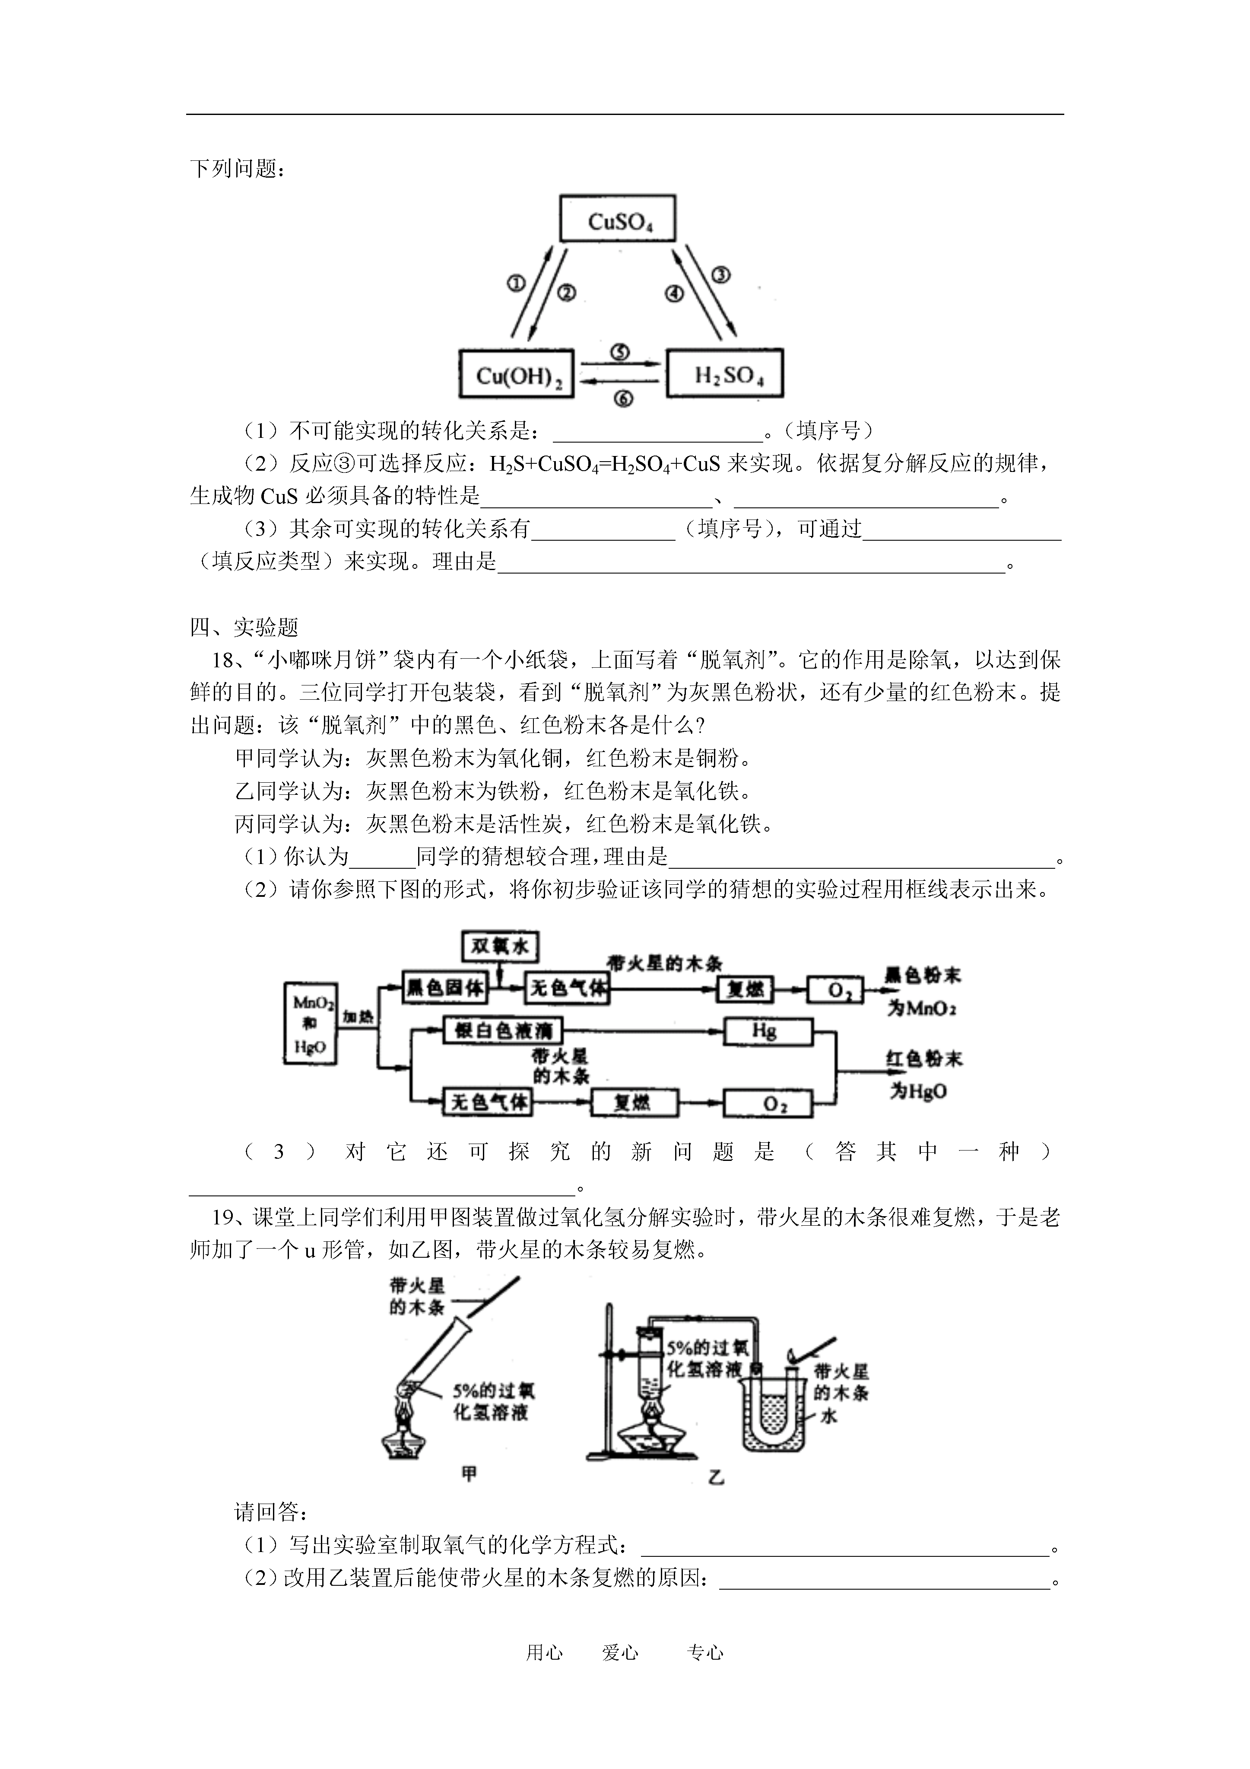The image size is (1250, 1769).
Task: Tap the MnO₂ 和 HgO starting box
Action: (311, 1024)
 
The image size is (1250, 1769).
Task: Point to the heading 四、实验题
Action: (244, 628)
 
